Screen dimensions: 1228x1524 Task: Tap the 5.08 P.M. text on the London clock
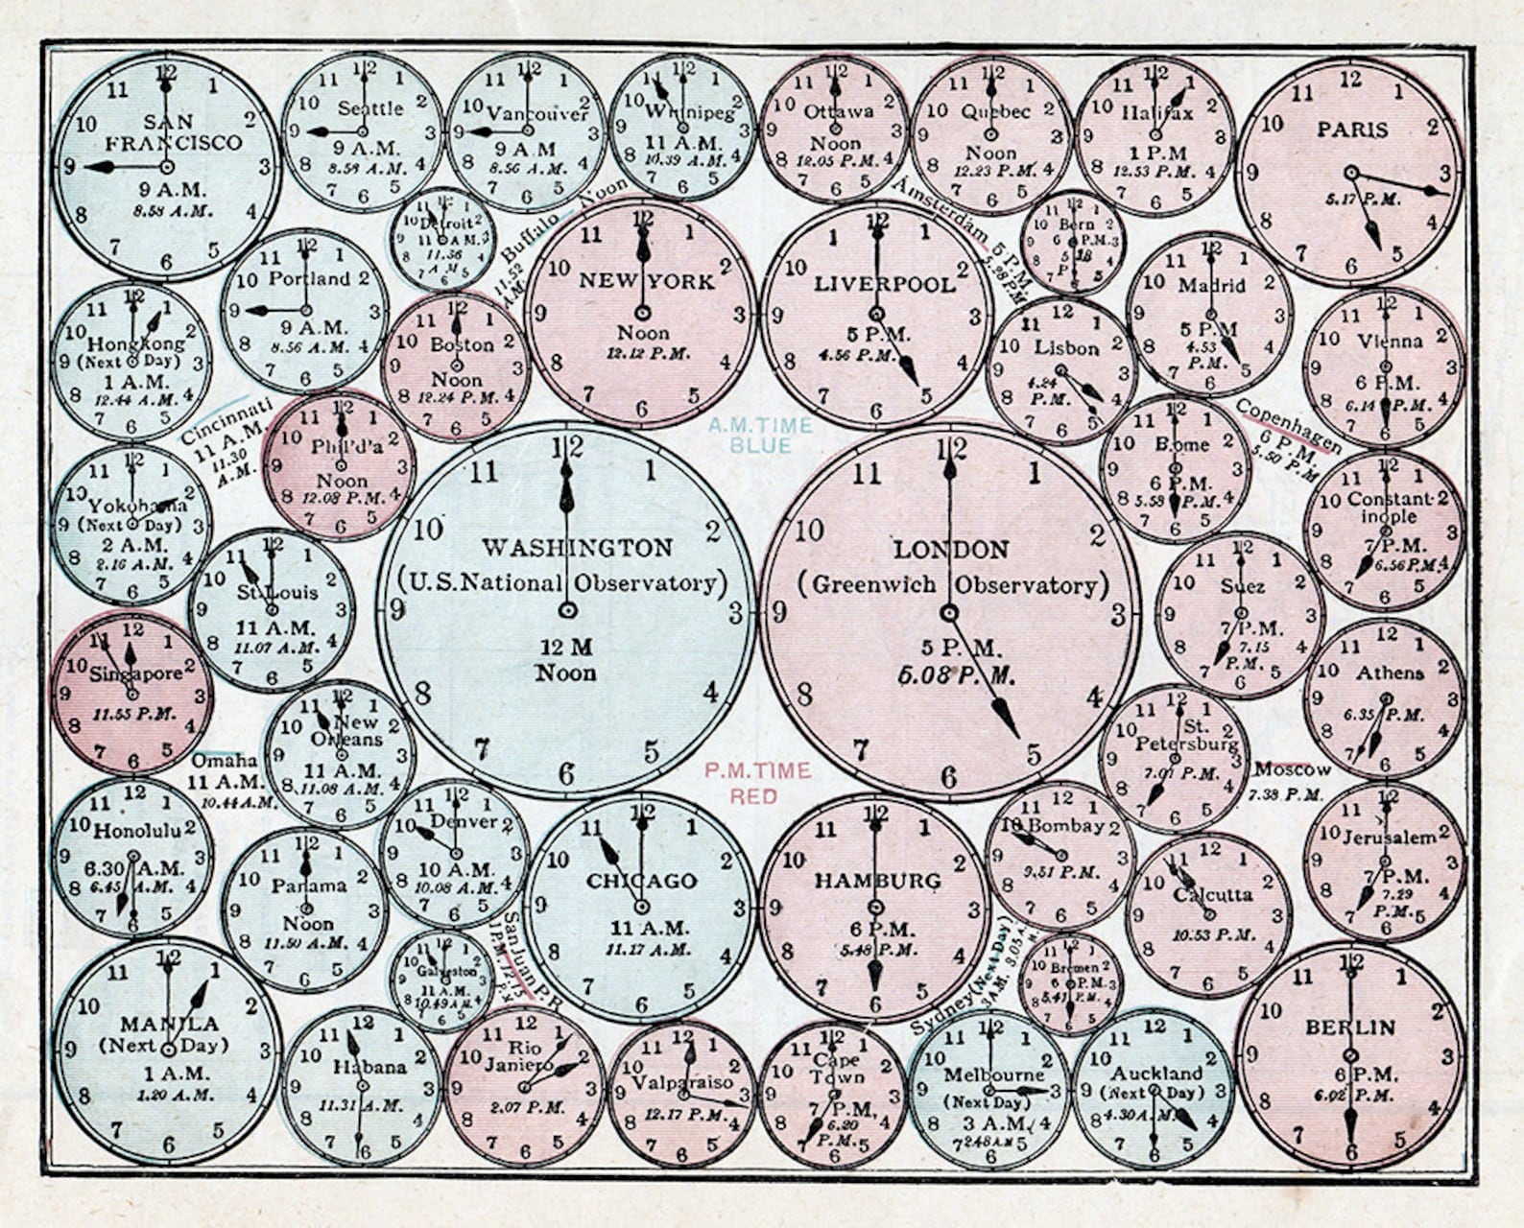point(956,675)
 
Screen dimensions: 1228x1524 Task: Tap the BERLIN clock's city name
point(1349,1027)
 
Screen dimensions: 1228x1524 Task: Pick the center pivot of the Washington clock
point(567,610)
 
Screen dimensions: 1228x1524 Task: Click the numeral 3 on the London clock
point(1118,616)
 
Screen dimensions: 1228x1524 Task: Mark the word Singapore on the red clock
point(135,674)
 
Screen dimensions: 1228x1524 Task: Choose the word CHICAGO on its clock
point(641,881)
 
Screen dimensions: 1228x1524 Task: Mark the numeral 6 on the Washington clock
point(567,773)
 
